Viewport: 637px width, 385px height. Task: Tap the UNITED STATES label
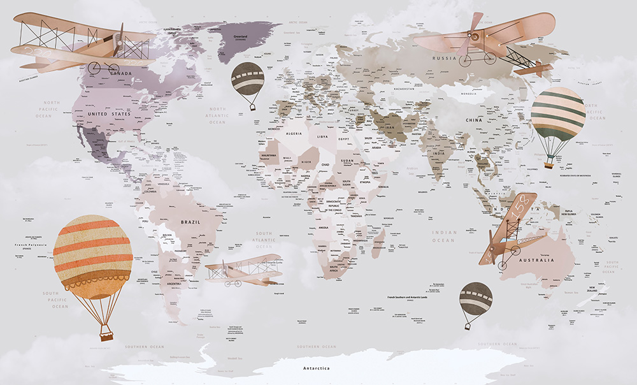[x=109, y=113]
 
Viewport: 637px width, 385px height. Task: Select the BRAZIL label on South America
[x=190, y=222]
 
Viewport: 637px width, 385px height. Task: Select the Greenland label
[x=240, y=37]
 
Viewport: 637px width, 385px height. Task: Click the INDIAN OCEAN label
[x=443, y=236]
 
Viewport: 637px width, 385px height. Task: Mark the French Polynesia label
[x=30, y=245]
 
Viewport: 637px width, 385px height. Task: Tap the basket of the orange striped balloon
[x=106, y=335]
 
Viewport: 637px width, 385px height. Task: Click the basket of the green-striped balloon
[x=548, y=165]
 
